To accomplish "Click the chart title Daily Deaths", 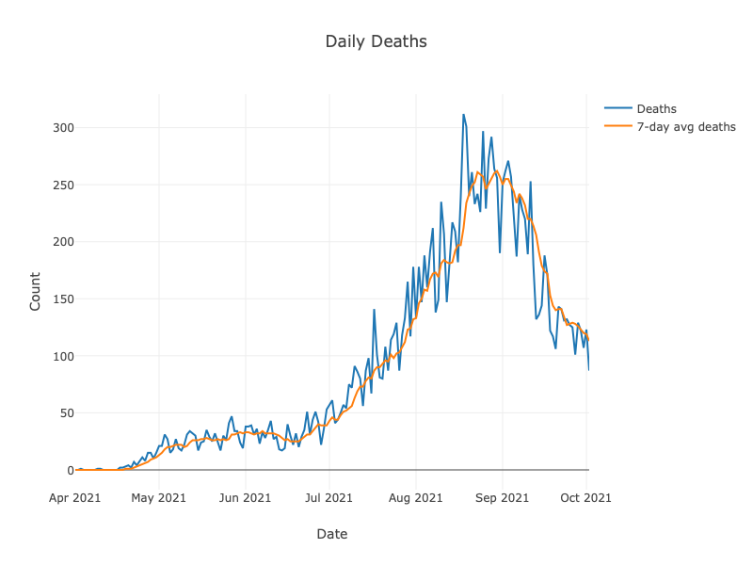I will pyautogui.click(x=376, y=41).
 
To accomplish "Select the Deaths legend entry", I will pyautogui.click(x=656, y=109).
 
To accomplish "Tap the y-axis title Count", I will pyautogui.click(x=35, y=291).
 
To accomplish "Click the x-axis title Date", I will pyautogui.click(x=331, y=534).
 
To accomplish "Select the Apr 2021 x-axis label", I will pyautogui.click(x=75, y=497).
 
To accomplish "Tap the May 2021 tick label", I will pyautogui.click(x=158, y=497).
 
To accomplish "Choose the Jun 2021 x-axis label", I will pyautogui.click(x=245, y=497).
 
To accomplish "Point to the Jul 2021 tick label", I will pyautogui.click(x=329, y=497).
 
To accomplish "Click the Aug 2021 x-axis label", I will pyautogui.click(x=415, y=497).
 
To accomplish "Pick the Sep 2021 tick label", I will pyautogui.click(x=502, y=497).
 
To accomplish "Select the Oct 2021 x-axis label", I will pyautogui.click(x=586, y=497).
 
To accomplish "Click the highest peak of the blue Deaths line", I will pyautogui.click(x=463, y=115).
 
